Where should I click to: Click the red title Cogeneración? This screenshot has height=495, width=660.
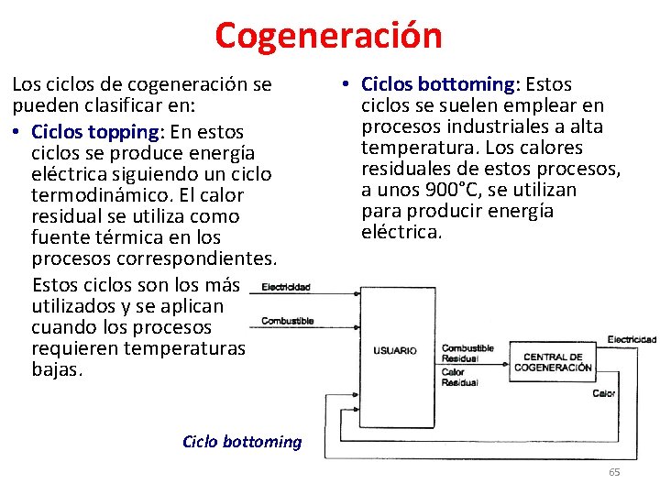coord(328,35)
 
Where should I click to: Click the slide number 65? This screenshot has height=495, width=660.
coord(614,472)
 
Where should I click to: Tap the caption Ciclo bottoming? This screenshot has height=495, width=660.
coord(242,442)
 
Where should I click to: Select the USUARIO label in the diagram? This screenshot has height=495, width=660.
coord(395,350)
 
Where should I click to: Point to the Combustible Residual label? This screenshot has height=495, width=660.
coord(467,354)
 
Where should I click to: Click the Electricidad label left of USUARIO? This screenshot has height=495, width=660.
coord(286,287)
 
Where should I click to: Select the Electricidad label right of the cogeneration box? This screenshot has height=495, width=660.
coord(632,339)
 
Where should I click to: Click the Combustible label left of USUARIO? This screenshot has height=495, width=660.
coord(287,321)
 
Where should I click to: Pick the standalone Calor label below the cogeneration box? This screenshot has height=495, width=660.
coord(603,393)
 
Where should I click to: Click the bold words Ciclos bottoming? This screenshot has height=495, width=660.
coord(439,84)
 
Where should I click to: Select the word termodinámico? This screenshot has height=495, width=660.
coord(90,195)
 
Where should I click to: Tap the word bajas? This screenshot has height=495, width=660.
coord(57,370)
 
